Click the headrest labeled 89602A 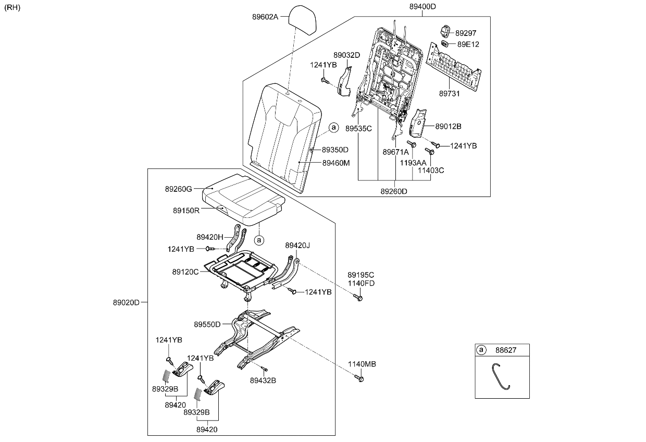(302, 20)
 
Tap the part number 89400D (423, 7)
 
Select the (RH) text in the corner (13, 7)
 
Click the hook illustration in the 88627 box (501, 376)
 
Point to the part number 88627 (505, 350)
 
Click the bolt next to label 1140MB (359, 378)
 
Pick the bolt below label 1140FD (358, 298)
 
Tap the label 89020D (126, 302)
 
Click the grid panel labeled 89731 (454, 67)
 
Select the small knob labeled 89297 (445, 31)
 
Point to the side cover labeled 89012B (418, 123)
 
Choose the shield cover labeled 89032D (344, 82)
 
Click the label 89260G (178, 189)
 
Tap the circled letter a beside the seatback (333, 127)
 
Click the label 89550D (207, 325)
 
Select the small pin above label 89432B (265, 369)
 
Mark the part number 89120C (185, 272)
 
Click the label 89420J (297, 245)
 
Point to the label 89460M (336, 163)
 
